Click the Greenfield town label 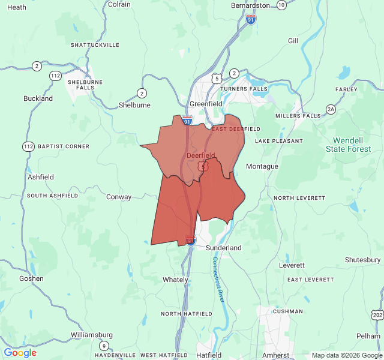coord(206,103)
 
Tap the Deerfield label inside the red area coord(201,155)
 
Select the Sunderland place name coord(223,247)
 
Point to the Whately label coord(176,280)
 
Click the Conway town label coord(118,197)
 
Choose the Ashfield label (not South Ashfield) coord(41,177)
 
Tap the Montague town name coord(262,166)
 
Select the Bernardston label coord(252,5)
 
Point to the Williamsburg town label coord(92,334)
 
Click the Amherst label coord(276,355)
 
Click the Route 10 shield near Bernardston coord(281,5)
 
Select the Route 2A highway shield coord(331,109)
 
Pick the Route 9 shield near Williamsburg coord(104,345)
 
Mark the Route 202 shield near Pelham coord(377,315)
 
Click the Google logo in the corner coord(20,353)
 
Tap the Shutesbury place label coord(362,260)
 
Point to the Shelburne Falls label coord(85,85)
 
